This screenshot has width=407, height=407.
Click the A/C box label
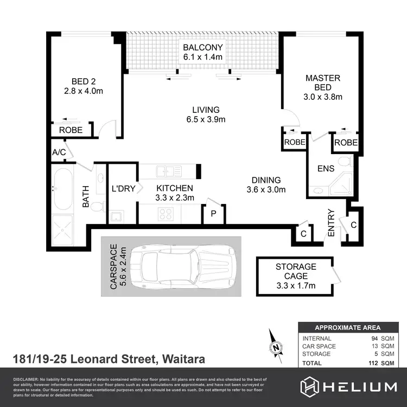click(x=59, y=152)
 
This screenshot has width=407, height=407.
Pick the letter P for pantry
click(x=213, y=214)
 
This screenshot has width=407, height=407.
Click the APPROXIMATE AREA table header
click(x=348, y=327)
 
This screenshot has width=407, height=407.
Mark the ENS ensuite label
click(x=326, y=169)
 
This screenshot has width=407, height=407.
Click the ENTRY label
click(x=331, y=223)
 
